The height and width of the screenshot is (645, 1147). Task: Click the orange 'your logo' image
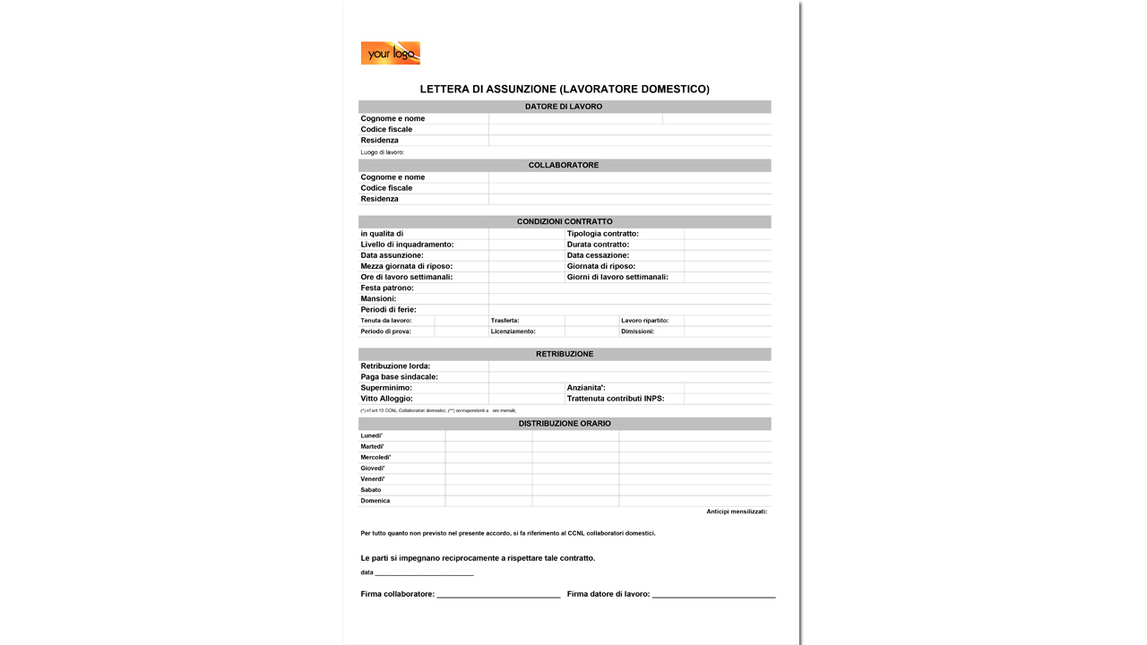coord(390,53)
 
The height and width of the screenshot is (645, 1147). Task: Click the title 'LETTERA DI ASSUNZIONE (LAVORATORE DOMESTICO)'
coord(565,90)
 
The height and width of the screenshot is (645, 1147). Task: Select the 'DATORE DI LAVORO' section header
coord(564,107)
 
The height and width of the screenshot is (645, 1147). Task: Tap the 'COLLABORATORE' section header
coord(564,166)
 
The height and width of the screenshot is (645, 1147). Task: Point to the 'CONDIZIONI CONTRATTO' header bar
coord(565,222)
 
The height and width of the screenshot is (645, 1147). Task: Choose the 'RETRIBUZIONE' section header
coord(565,355)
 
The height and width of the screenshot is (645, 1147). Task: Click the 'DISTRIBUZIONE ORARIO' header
coord(565,424)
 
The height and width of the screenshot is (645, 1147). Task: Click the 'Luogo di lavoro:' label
coord(383,152)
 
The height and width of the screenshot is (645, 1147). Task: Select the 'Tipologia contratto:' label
coord(603,234)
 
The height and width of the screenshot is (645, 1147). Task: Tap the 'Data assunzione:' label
coord(392,255)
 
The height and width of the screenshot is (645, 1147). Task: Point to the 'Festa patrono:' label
coord(387,288)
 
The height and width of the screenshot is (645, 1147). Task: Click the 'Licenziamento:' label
coord(513,331)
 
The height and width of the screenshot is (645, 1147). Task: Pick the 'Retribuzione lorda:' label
coord(395,366)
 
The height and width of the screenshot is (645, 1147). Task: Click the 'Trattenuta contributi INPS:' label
coord(616,399)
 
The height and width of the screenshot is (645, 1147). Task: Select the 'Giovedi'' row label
coord(373,469)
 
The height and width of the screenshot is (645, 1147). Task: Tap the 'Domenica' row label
coord(375,501)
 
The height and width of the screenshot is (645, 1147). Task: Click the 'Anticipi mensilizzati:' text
coord(737,512)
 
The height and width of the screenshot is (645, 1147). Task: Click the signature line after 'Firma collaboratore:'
coord(498,596)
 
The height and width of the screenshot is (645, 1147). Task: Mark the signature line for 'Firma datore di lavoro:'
coord(713,596)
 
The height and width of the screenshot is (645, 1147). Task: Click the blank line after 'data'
coord(424,574)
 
